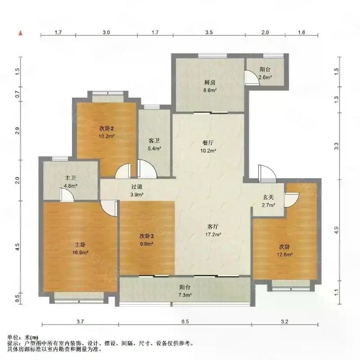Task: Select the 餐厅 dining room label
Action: pos(209,143)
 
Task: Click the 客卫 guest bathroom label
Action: pos(154,140)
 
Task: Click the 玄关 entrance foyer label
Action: pos(268,198)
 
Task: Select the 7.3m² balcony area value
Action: pos(185,295)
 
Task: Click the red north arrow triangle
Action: pos(21,33)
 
